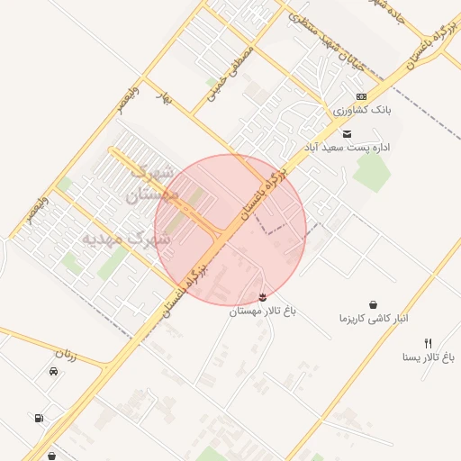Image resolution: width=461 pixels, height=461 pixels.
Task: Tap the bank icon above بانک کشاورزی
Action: coord(361,96)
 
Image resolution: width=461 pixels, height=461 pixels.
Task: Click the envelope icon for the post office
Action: coord(348,133)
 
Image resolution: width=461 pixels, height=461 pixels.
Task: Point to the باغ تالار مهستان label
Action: coord(262,312)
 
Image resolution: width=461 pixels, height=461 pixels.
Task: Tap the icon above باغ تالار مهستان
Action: coord(262,297)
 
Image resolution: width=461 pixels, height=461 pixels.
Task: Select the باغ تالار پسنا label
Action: coord(429,357)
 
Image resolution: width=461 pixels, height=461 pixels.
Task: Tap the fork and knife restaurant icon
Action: coord(429,343)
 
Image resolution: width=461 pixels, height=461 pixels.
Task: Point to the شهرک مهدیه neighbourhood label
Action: coord(125,239)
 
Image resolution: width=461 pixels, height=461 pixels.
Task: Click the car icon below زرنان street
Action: coord(53,371)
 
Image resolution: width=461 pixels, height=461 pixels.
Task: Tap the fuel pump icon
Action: coord(38,418)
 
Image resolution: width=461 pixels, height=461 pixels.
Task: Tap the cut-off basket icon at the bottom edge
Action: coord(52,456)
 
